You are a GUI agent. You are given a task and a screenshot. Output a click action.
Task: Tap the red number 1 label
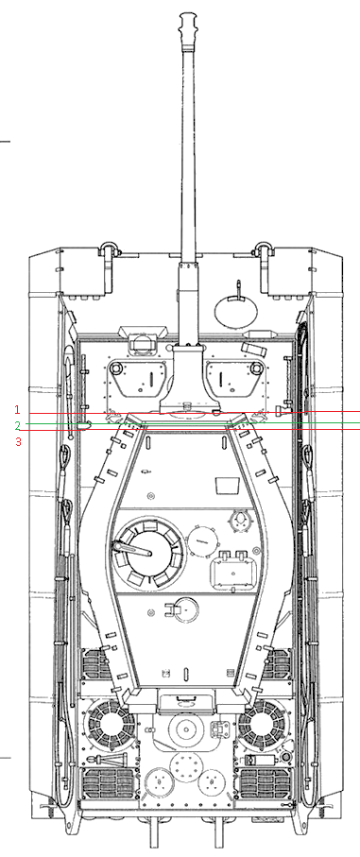click(x=17, y=409)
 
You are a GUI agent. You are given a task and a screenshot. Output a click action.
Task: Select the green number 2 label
click(x=18, y=425)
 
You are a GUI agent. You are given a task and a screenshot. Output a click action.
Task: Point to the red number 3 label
click(x=18, y=441)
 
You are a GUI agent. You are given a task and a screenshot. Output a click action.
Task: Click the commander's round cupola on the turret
click(x=148, y=553)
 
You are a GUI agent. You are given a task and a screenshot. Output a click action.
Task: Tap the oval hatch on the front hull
click(x=236, y=312)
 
